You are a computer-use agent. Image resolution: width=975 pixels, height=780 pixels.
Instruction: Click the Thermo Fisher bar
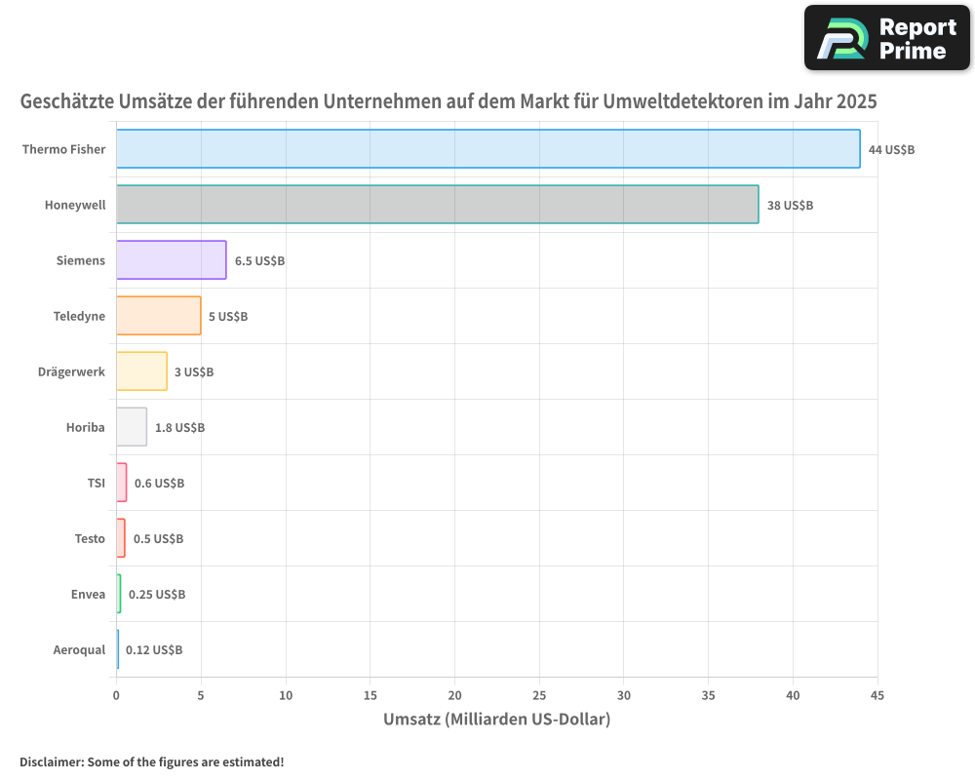487,149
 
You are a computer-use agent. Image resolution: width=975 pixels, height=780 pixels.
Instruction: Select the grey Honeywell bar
437,205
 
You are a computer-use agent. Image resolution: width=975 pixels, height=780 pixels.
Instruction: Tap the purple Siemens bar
171,260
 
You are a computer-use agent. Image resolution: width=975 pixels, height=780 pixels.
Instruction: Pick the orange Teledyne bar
158,316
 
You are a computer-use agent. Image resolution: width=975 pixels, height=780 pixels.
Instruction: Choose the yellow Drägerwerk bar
141,371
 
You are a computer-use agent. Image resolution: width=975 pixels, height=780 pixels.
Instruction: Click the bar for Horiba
132,427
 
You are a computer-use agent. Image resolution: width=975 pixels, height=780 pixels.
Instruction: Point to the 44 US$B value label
891,149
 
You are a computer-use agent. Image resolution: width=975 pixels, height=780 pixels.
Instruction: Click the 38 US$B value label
790,205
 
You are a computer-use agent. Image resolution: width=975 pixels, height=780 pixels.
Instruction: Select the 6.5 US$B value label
259,260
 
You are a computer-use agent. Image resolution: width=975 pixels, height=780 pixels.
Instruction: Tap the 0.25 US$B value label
157,594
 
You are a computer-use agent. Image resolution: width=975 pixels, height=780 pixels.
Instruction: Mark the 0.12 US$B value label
154,649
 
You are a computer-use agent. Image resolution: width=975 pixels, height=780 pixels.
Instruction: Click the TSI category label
96,483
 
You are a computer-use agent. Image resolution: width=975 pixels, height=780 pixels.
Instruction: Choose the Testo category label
90,538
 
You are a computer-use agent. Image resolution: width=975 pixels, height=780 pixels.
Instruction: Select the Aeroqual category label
79,649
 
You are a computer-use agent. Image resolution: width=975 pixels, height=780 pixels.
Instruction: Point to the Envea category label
88,594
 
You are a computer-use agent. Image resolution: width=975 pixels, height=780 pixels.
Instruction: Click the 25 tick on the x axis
539,695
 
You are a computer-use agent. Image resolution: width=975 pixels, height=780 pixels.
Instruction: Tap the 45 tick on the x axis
877,695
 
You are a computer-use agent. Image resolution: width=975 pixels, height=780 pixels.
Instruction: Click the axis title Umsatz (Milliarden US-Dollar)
496,720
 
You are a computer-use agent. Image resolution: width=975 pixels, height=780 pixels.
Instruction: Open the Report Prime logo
886,38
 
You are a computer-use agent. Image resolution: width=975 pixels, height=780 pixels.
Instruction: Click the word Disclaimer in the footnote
51,761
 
